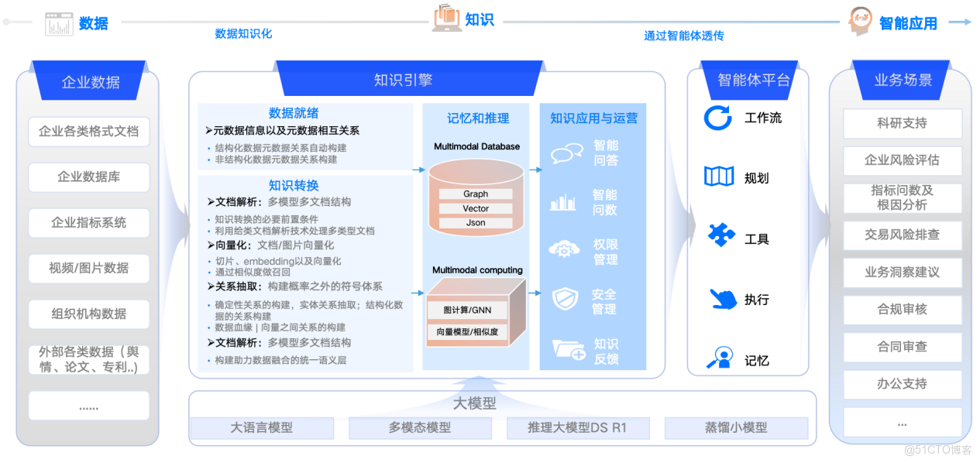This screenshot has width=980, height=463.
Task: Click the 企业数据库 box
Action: tap(89, 177)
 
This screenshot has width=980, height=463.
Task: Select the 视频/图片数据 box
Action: tap(89, 268)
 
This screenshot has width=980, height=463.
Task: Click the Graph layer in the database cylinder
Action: tap(476, 194)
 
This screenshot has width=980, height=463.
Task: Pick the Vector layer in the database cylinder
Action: tap(476, 208)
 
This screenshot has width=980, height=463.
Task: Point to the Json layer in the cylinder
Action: tap(476, 222)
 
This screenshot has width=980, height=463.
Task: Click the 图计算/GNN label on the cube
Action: tap(467, 310)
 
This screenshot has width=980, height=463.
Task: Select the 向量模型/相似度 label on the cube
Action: tap(467, 332)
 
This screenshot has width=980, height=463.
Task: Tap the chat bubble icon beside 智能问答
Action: tap(566, 153)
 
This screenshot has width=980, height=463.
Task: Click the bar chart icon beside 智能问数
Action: tap(562, 202)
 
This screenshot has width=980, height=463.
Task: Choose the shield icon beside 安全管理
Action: tap(565, 299)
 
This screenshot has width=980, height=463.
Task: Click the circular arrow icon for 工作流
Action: tap(717, 118)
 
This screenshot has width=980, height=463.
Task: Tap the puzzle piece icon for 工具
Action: tap(721, 235)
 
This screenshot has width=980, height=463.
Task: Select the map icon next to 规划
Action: tap(719, 177)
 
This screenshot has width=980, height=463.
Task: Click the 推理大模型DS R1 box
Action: tap(578, 427)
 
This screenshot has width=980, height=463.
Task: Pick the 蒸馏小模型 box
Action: tap(736, 427)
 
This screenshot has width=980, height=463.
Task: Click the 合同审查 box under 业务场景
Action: tap(903, 347)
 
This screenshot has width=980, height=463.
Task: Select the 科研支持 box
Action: tap(903, 123)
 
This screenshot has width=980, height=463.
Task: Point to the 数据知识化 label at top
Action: tap(243, 33)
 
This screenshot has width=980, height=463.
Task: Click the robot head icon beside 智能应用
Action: tap(860, 21)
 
